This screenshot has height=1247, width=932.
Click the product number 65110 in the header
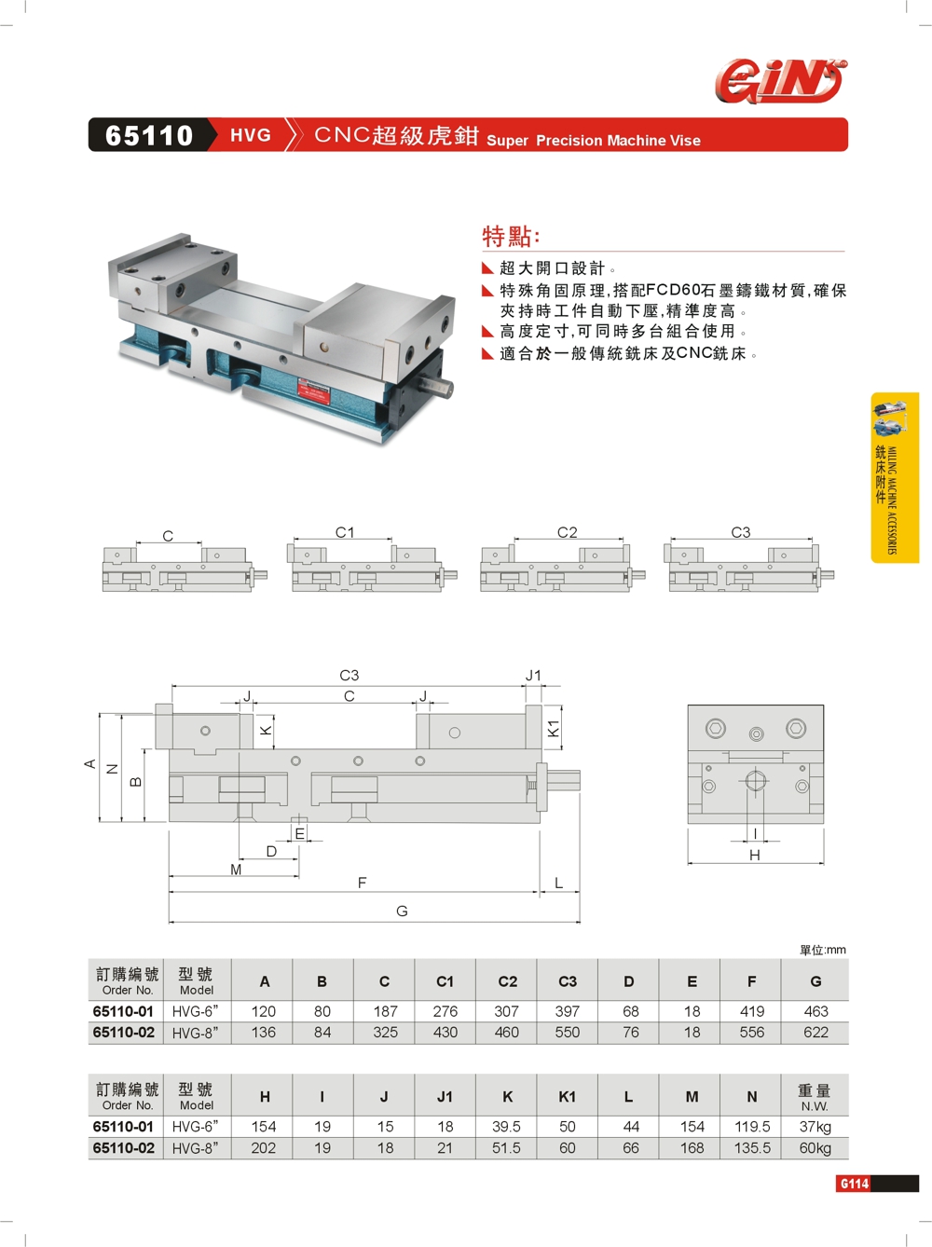click(x=149, y=135)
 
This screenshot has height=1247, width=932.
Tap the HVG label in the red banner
click(x=251, y=135)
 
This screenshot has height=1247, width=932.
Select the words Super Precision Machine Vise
click(x=593, y=141)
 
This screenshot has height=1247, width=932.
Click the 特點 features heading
click(x=511, y=236)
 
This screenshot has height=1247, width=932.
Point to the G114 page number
click(x=854, y=1184)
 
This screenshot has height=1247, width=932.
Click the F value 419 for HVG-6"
click(x=751, y=1011)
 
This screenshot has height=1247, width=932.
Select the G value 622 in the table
click(x=815, y=1033)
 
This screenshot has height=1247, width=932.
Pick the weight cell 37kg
click(x=815, y=1127)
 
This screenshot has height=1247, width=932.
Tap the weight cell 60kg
click(x=815, y=1148)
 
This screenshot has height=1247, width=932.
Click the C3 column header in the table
click(x=568, y=981)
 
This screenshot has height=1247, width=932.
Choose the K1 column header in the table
click(x=568, y=1097)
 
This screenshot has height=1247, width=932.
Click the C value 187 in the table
click(x=385, y=1011)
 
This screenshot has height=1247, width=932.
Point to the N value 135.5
click(x=752, y=1148)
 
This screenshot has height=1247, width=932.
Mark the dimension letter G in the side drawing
click(x=402, y=911)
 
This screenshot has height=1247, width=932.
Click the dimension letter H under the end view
click(x=755, y=855)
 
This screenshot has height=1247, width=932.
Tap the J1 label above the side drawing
click(x=533, y=675)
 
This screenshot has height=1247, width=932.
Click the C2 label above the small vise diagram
click(x=567, y=532)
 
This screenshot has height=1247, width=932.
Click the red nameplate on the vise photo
click(x=311, y=391)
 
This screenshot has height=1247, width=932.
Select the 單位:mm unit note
click(x=823, y=950)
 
